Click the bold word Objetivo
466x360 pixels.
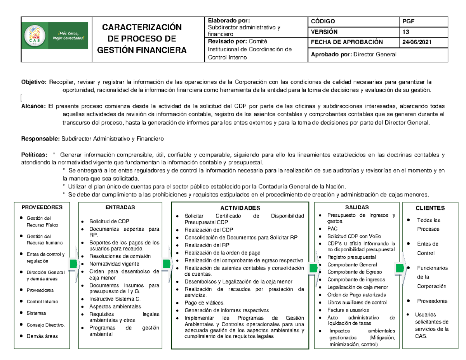(33, 82)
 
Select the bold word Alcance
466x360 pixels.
(32, 106)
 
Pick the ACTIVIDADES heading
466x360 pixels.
(240, 208)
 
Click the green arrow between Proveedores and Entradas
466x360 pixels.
(73, 264)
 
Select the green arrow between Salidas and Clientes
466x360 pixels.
(399, 268)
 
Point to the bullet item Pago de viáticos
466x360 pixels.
(205, 303)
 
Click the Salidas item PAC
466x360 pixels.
(332, 229)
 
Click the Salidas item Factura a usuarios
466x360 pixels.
(348, 310)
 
